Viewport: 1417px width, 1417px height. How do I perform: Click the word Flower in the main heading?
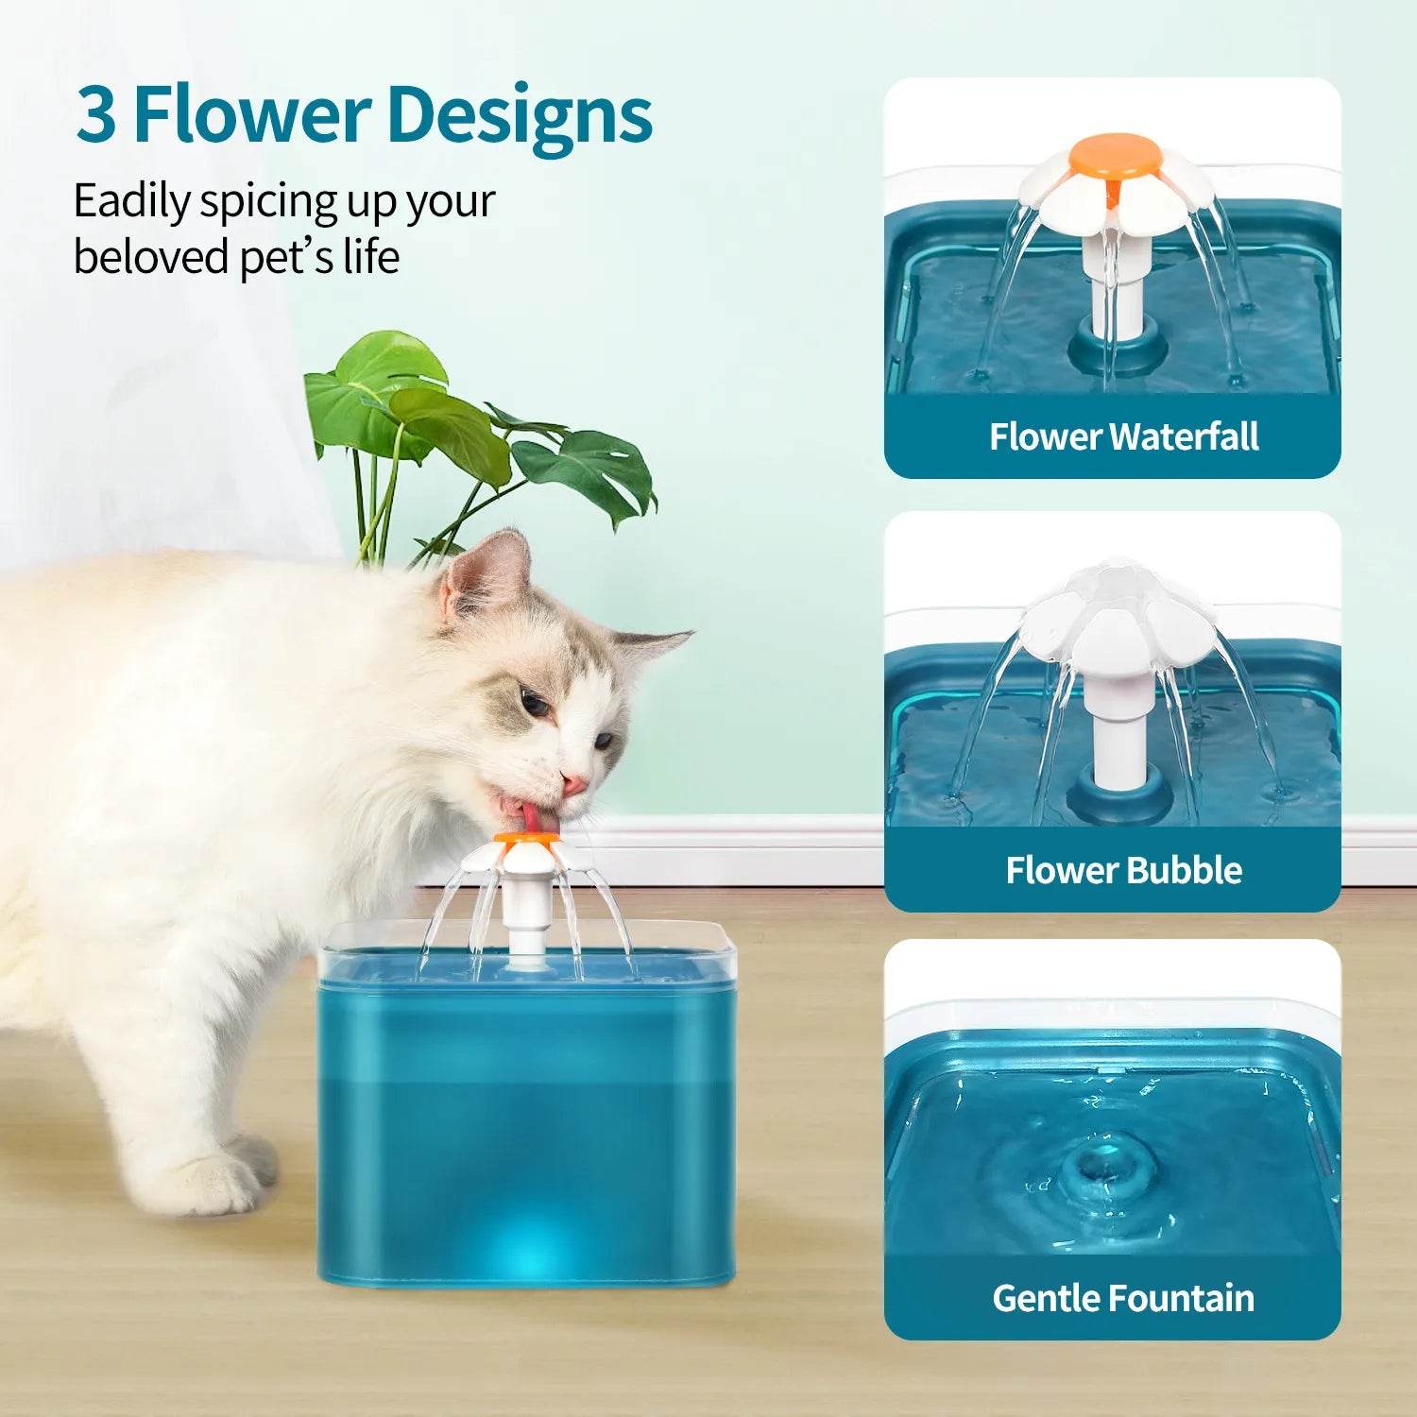249,115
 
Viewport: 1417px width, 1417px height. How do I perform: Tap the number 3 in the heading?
96,115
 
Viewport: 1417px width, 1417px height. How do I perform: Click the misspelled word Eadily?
131,202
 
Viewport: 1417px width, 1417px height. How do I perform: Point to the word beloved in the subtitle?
150,257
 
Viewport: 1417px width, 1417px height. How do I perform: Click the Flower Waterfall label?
1123,436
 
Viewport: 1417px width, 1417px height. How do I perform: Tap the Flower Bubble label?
1123,870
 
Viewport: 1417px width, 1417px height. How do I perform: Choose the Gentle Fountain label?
1123,1298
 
